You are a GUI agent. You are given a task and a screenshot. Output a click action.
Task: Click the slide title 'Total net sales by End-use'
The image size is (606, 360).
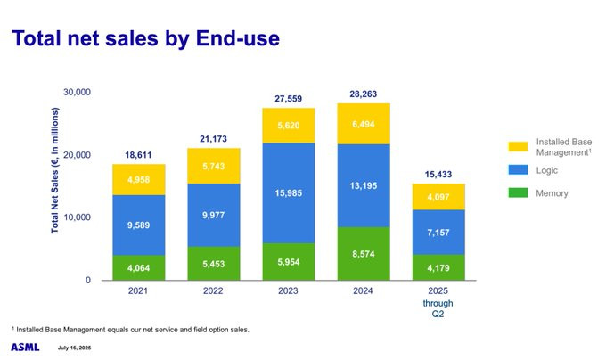pyautogui.click(x=144, y=38)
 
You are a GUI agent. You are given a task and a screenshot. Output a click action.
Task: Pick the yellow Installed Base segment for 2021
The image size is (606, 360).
pyautogui.click(x=138, y=179)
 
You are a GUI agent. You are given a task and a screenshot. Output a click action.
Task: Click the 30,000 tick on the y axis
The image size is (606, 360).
pyautogui.click(x=77, y=93)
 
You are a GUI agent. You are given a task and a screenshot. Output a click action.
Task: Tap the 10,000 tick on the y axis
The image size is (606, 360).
pyautogui.click(x=77, y=217)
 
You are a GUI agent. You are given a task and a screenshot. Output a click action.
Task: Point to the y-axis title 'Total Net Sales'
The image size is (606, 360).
pyautogui.click(x=55, y=171)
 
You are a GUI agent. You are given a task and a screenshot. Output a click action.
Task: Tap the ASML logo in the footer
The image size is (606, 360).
pyautogui.click(x=25, y=347)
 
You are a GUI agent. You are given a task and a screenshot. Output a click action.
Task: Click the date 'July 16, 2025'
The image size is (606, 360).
pyautogui.click(x=75, y=348)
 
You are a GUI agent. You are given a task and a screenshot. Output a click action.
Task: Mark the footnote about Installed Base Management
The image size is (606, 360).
pyautogui.click(x=130, y=329)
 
